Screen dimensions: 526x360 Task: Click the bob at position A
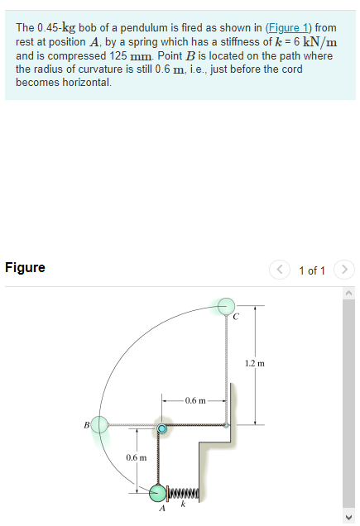[x=159, y=493]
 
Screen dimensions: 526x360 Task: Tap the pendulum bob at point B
[x=100, y=425]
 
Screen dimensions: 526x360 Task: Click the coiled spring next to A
[x=185, y=494]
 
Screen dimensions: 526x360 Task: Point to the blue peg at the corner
[x=162, y=429]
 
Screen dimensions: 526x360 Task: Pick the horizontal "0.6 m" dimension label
[x=195, y=401]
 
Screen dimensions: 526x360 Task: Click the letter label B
[x=85, y=426]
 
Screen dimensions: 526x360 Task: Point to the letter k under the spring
[x=184, y=505]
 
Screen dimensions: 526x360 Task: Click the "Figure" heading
[x=25, y=268]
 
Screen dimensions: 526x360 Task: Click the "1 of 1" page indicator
[x=312, y=270]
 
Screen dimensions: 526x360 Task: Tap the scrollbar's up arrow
[x=350, y=290]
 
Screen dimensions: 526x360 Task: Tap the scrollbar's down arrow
[x=350, y=518]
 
